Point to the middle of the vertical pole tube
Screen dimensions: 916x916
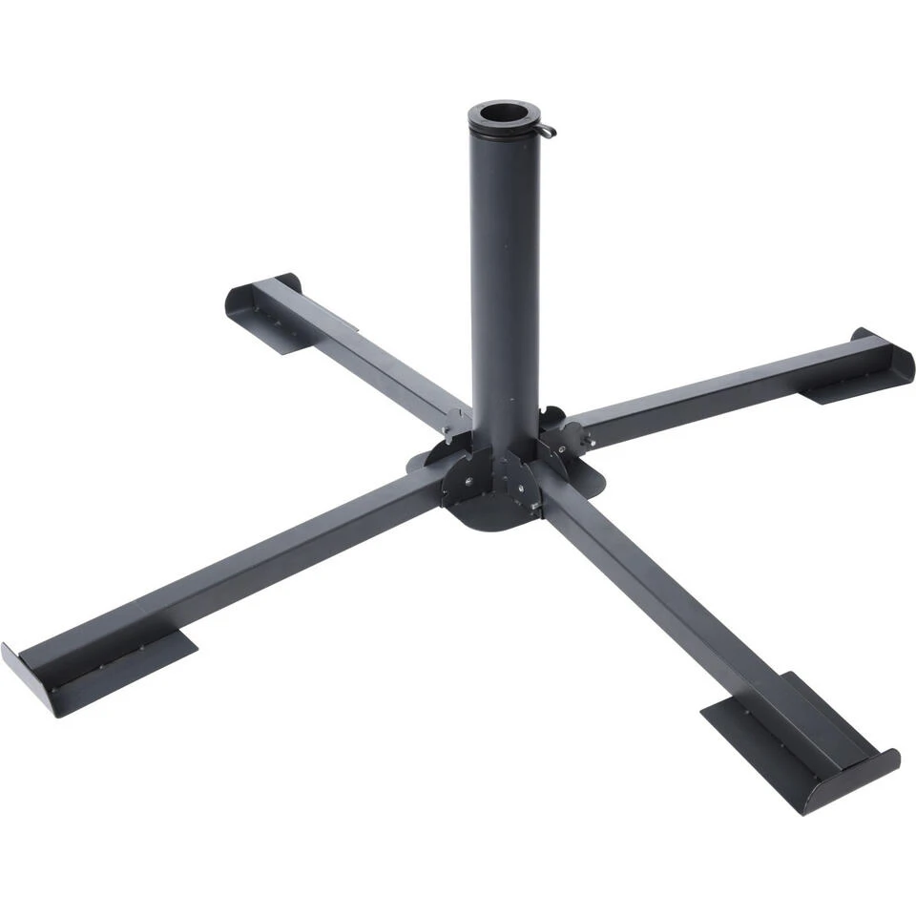pyautogui.click(x=504, y=286)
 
